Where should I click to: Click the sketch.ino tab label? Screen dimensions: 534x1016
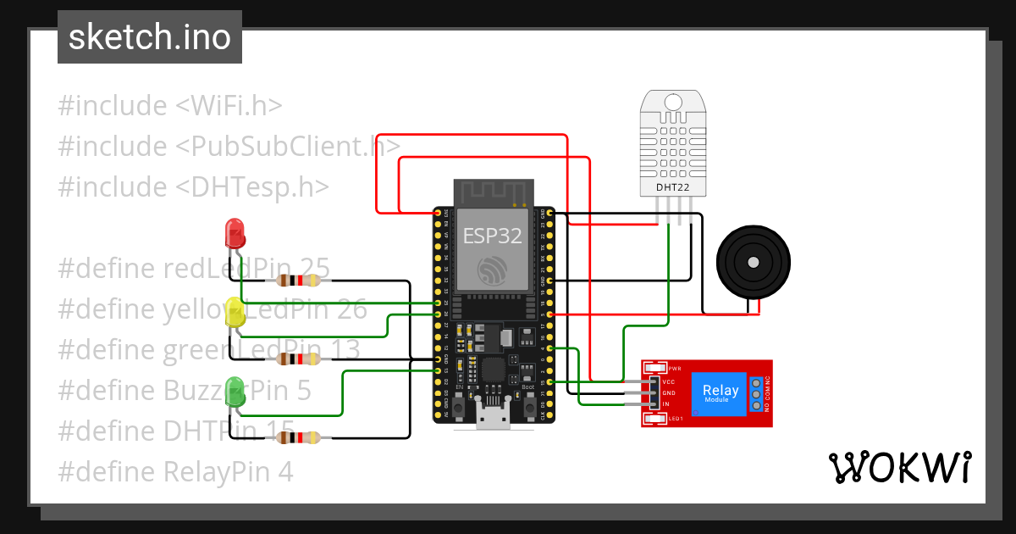pos(150,37)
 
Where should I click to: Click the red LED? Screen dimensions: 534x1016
pos(234,234)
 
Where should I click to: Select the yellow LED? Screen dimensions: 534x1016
pos(235,315)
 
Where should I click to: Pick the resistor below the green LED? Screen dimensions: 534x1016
pos(296,437)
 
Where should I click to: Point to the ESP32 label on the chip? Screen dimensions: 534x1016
pos(492,235)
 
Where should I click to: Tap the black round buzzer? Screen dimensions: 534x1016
pos(753,261)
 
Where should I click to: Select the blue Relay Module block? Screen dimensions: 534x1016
pos(721,394)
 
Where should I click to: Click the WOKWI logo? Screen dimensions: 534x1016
pos(898,467)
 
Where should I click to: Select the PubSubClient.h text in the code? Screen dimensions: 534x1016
pos(289,147)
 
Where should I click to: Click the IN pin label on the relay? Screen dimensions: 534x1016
pos(666,404)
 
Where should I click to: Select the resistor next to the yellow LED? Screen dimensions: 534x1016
pos(296,359)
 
